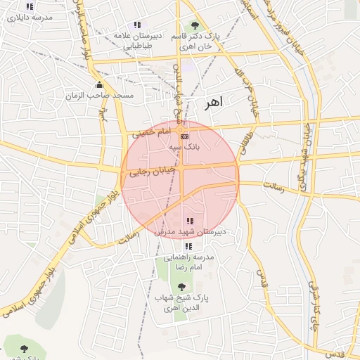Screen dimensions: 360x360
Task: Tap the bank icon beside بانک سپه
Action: (184, 136)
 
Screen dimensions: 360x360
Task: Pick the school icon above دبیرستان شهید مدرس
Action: (189, 221)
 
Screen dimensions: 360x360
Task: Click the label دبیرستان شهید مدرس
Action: (191, 231)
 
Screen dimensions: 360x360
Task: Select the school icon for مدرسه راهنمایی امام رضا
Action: (188, 247)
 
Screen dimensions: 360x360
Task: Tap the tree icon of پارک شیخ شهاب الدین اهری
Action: (182, 287)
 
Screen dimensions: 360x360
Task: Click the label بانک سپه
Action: (184, 148)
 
